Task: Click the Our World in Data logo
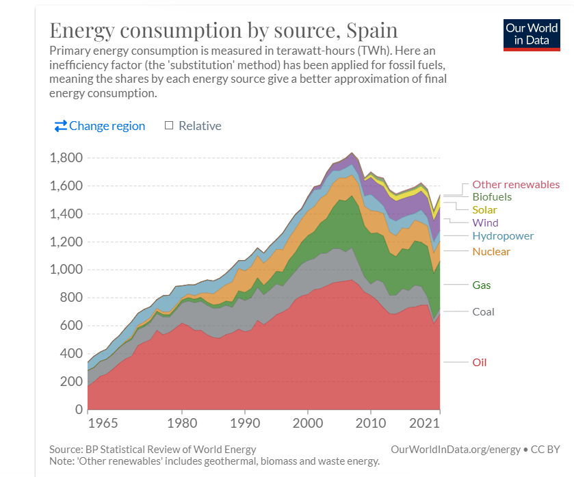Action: [532, 34]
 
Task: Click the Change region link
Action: [100, 126]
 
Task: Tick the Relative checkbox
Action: [169, 126]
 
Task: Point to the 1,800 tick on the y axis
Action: [66, 158]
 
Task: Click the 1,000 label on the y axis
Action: [66, 270]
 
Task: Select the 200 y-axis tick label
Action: [72, 382]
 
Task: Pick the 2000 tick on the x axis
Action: [308, 423]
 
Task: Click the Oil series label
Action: [480, 362]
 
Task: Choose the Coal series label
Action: [483, 312]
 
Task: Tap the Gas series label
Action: [482, 285]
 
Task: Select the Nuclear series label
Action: [491, 252]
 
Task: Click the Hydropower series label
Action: [503, 236]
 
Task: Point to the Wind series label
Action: [485, 223]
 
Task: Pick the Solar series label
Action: [484, 210]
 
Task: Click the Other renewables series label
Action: [516, 185]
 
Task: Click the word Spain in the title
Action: [372, 31]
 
